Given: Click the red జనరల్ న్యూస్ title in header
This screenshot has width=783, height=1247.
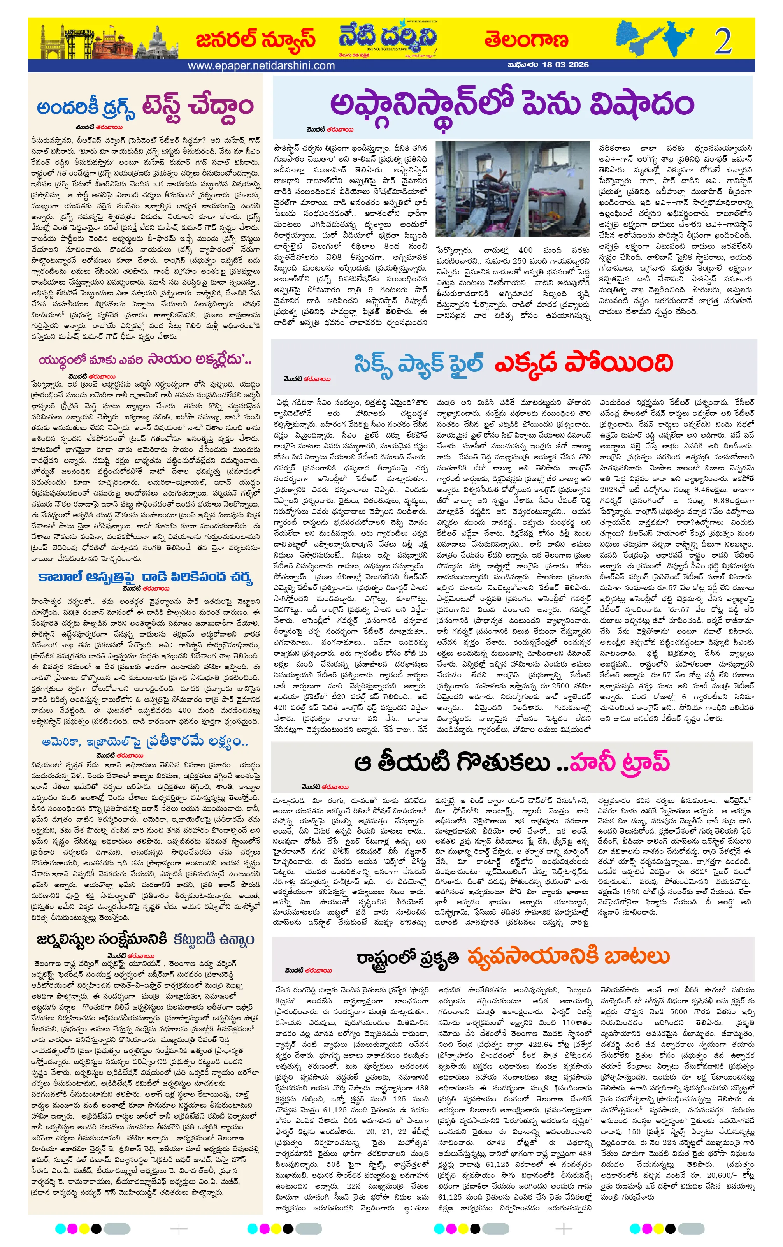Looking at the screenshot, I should coord(256,39).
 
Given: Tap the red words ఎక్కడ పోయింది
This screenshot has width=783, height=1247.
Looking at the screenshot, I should coord(583,363).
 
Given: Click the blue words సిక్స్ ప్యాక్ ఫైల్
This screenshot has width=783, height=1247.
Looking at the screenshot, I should coord(418,363).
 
